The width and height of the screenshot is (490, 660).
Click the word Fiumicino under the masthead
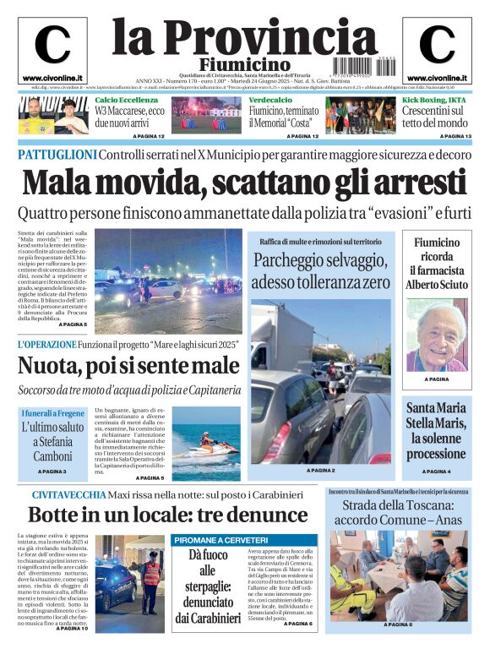point(244,65)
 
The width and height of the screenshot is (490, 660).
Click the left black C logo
point(52,45)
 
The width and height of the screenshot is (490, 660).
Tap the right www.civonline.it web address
point(437,78)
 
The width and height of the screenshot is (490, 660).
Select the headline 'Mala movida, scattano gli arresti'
point(244,182)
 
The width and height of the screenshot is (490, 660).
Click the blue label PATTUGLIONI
point(57,155)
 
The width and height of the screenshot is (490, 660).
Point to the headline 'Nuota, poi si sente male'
point(128,366)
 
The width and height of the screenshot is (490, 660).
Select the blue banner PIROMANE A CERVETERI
point(225,541)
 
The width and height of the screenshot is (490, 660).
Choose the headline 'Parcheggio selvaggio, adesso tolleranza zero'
point(320,270)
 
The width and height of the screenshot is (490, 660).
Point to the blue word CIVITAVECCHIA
point(69,494)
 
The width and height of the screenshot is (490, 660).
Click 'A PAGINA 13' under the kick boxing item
point(455,136)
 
